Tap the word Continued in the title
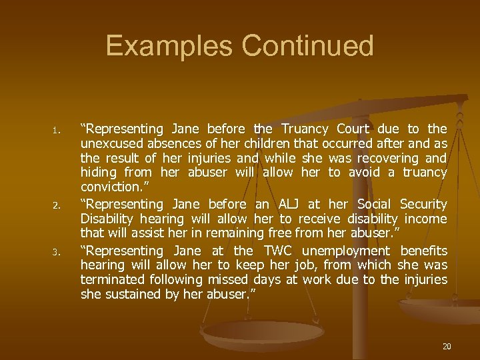click(308, 46)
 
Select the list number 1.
click(58, 129)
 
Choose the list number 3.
click(58, 252)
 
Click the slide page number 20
click(446, 346)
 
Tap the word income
click(427, 219)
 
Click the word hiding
click(97, 173)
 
